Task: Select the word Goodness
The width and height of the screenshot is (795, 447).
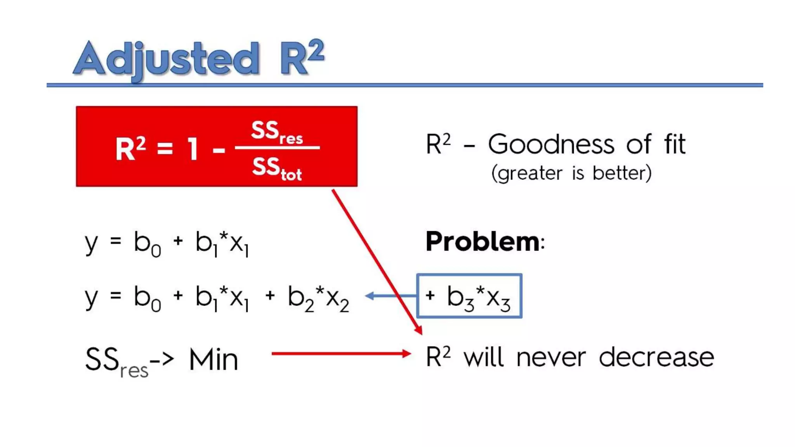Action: click(x=551, y=144)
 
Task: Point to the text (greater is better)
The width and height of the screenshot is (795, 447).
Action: click(x=571, y=173)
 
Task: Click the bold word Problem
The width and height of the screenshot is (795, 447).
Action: click(x=483, y=241)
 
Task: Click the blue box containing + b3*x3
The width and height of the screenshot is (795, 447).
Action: click(x=469, y=296)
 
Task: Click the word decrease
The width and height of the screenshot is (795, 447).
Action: click(x=656, y=358)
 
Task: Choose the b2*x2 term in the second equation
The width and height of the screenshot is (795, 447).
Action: click(x=318, y=298)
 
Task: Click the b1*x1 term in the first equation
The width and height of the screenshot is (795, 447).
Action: click(x=222, y=243)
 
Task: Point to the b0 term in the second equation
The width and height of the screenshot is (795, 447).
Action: click(x=147, y=298)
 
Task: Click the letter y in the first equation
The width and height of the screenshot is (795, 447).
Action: click(x=91, y=243)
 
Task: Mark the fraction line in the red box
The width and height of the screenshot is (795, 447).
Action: click(x=277, y=147)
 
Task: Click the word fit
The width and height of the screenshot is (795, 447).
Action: click(x=675, y=144)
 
